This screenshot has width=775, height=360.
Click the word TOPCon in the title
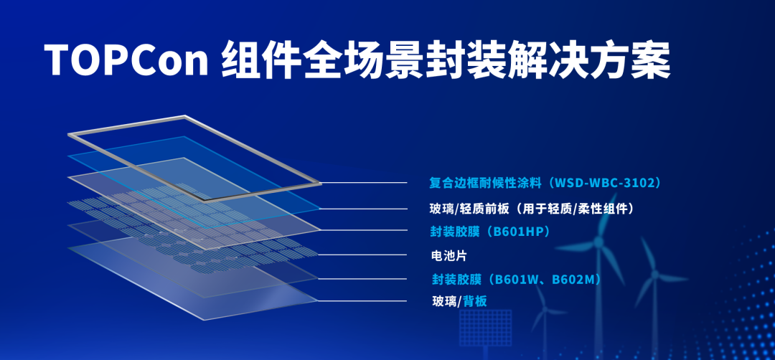tap(126, 60)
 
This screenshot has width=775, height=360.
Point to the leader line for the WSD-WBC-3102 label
tap(364, 183)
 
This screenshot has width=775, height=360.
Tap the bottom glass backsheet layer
tap(193, 280)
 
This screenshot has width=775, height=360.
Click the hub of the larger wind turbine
tap(598, 242)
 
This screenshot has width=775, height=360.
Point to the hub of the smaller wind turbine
tap(655, 273)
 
